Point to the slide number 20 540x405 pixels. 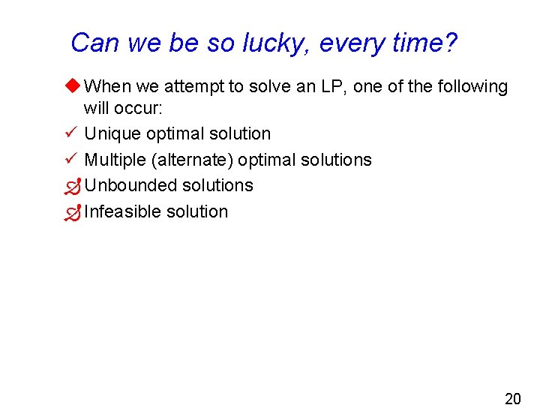click(x=512, y=398)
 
